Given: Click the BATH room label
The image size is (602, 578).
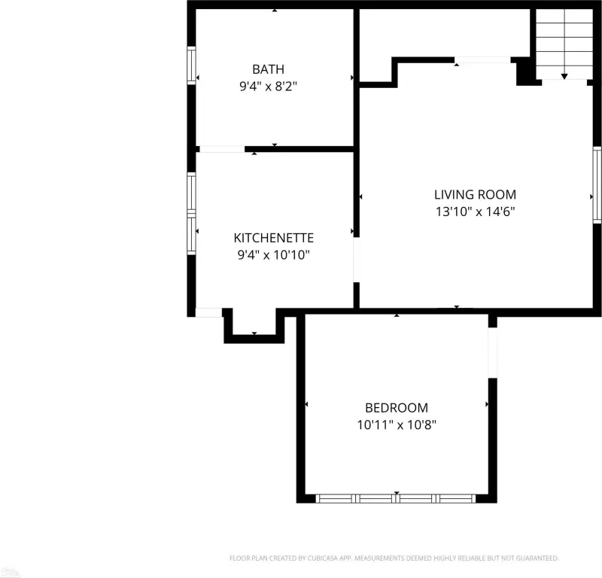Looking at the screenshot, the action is point(268,69).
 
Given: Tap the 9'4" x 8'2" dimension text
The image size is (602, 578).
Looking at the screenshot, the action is point(268,86).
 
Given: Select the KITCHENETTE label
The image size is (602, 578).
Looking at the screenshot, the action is point(273,238).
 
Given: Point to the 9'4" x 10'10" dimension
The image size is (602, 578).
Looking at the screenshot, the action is point(273,254).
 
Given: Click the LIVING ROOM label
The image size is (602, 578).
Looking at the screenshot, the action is point(475,194).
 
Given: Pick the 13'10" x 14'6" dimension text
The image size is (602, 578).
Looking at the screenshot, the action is point(475,211).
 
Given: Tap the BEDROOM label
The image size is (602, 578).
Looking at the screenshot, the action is point(397,407).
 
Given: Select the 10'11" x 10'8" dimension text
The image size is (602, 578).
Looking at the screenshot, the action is point(397,424).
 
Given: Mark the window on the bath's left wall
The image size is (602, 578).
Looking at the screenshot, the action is point(191,65).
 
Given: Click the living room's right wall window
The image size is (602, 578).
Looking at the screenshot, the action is point(597,184).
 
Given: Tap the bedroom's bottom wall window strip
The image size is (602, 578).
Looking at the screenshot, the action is point(396,498).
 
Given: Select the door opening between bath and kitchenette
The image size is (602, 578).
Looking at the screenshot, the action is point(222,149).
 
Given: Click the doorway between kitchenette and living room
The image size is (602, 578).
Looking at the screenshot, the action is point(356,260).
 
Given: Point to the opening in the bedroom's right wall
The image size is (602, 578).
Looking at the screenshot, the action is point(493,352).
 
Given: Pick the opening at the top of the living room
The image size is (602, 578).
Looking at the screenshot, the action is point(482,60).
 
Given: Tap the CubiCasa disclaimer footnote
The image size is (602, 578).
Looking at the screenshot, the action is point(394,558).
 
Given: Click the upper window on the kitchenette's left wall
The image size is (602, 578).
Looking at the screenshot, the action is point(191,192).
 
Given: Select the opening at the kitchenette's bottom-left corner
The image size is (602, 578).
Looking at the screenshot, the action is point(209,312).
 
